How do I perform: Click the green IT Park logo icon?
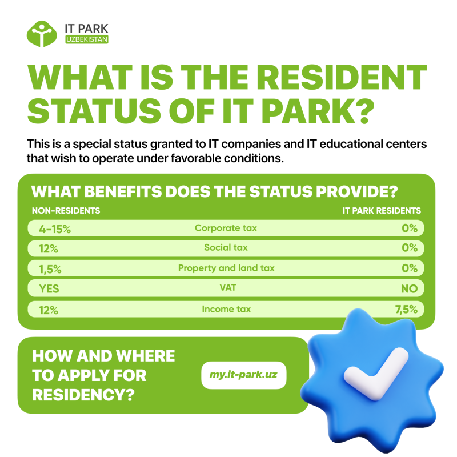[42, 34]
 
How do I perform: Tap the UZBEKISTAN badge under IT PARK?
[87, 39]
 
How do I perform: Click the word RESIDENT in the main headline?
[341, 77]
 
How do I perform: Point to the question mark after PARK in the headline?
[363, 111]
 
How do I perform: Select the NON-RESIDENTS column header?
[66, 210]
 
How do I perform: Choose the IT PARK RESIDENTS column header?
[382, 210]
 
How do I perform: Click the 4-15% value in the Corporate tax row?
[55, 229]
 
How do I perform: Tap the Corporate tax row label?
[226, 228]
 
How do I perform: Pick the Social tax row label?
[226, 247]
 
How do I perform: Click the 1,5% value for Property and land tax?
[50, 269]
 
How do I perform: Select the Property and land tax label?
[226, 268]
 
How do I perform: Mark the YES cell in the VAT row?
[49, 289]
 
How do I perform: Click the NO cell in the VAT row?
[409, 289]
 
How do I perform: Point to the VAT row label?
[227, 288]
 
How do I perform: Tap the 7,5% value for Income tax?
[406, 309]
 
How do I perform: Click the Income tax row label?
[226, 309]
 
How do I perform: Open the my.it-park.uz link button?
[244, 375]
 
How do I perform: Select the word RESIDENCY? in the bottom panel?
[83, 395]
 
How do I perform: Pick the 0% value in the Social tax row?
[410, 248]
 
